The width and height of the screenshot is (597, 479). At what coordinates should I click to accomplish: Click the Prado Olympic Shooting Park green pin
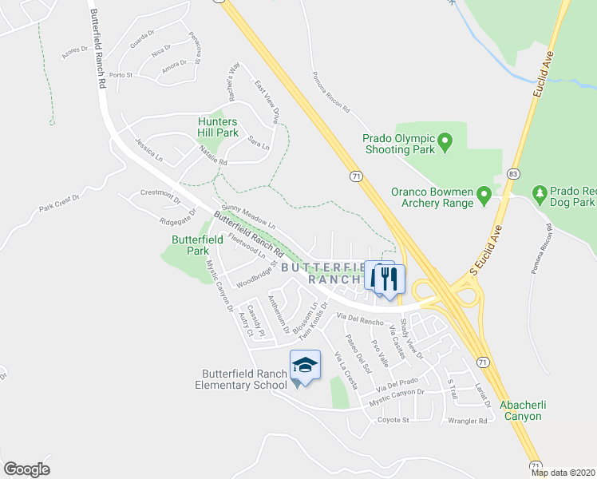(x=446, y=144)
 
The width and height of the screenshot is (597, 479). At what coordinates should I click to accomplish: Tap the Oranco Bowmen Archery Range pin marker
(x=483, y=194)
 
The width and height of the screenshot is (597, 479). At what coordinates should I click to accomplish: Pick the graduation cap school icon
(x=304, y=365)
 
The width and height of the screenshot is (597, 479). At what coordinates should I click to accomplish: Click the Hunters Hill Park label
(x=218, y=127)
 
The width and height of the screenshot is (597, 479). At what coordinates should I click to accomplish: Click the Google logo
(x=26, y=469)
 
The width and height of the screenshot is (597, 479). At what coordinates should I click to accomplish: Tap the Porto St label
(x=121, y=75)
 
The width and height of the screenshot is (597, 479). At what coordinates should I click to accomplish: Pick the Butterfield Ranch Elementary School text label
(x=243, y=379)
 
